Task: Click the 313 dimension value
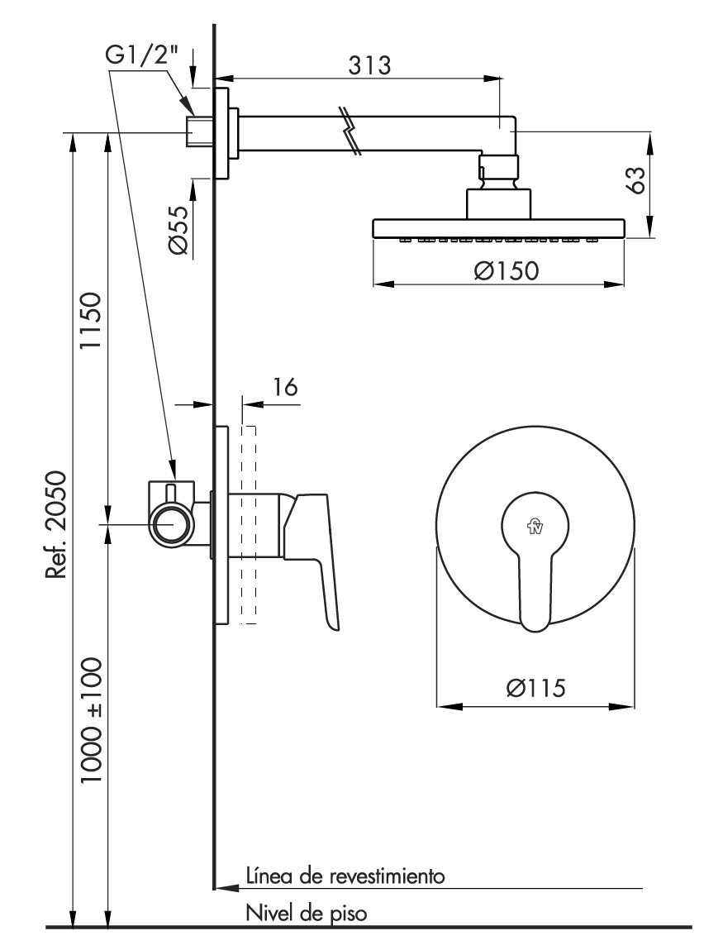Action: (369, 64)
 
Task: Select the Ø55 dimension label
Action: (178, 229)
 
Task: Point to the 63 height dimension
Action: (635, 179)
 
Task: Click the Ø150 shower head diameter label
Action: (507, 270)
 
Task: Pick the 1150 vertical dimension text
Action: (91, 321)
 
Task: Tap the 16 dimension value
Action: (284, 387)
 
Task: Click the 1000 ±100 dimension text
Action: (91, 720)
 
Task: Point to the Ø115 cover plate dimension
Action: (536, 688)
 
